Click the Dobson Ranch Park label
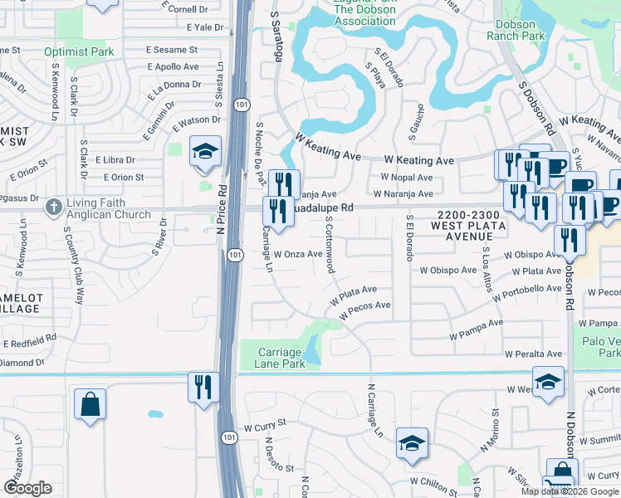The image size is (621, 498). (x=516, y=30)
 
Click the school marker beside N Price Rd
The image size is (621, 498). (x=204, y=153)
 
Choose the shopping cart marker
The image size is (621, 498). (x=558, y=486)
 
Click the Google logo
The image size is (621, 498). (x=27, y=488)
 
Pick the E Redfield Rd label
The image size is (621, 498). (x=30, y=341)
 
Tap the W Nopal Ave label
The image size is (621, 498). (x=407, y=178)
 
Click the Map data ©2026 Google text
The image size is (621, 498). (x=569, y=491)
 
